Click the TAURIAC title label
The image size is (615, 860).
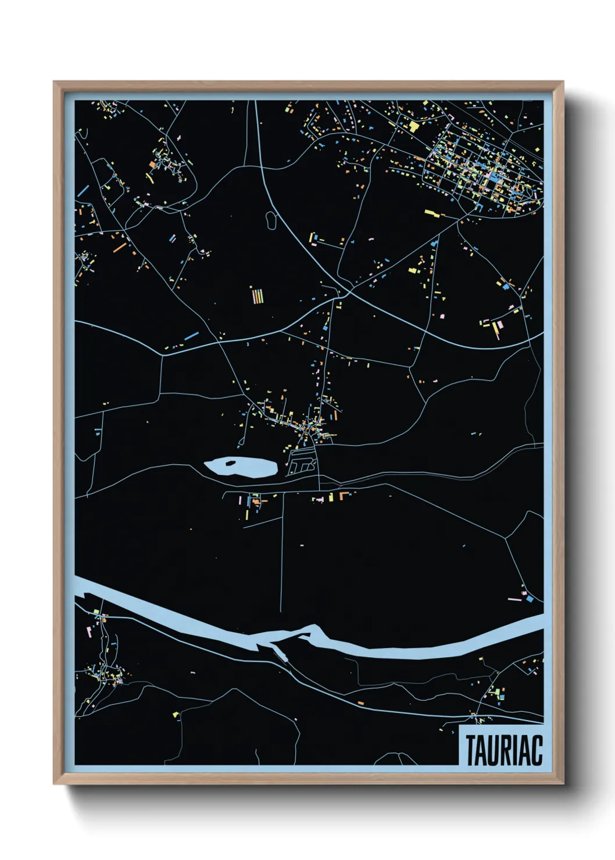point(503,750)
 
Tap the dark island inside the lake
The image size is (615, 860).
point(231,463)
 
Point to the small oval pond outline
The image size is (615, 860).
point(271,220)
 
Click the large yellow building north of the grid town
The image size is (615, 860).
point(414,125)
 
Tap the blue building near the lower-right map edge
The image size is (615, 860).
point(529,597)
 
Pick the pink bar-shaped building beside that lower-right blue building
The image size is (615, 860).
point(514,599)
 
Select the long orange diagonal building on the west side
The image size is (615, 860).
point(120,248)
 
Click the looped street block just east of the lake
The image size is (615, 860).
point(302,464)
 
